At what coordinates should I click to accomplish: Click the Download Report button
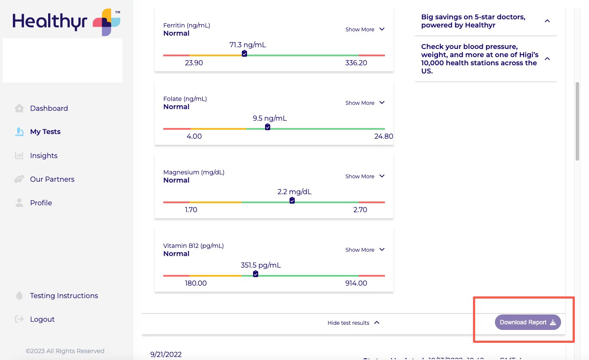pyautogui.click(x=528, y=322)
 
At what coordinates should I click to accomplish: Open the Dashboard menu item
pyautogui.click(x=49, y=108)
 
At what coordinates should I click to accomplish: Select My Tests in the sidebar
pyautogui.click(x=45, y=132)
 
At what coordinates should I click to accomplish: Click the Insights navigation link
pyautogui.click(x=43, y=156)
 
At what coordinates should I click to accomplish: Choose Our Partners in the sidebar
pyautogui.click(x=52, y=179)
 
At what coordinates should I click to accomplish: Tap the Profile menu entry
pyautogui.click(x=41, y=203)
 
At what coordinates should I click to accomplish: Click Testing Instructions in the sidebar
pyautogui.click(x=64, y=296)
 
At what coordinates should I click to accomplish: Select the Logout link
pyautogui.click(x=42, y=319)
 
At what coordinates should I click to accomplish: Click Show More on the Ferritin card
pyautogui.click(x=365, y=30)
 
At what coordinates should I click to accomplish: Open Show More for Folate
pyautogui.click(x=365, y=103)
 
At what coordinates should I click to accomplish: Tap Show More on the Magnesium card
pyautogui.click(x=365, y=177)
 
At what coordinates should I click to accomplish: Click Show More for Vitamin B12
pyautogui.click(x=365, y=250)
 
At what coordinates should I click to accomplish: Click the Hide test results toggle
pyautogui.click(x=353, y=323)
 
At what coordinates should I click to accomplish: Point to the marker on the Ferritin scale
pyautogui.click(x=244, y=54)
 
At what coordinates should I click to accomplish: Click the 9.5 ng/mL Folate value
pyautogui.click(x=269, y=119)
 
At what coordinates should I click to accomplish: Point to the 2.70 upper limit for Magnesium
pyautogui.click(x=360, y=210)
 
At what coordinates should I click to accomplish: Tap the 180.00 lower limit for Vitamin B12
pyautogui.click(x=195, y=284)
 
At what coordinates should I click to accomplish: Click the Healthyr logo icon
pyautogui.click(x=107, y=22)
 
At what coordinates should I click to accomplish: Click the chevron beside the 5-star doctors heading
pyautogui.click(x=547, y=21)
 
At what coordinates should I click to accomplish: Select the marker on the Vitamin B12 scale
pyautogui.click(x=256, y=274)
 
